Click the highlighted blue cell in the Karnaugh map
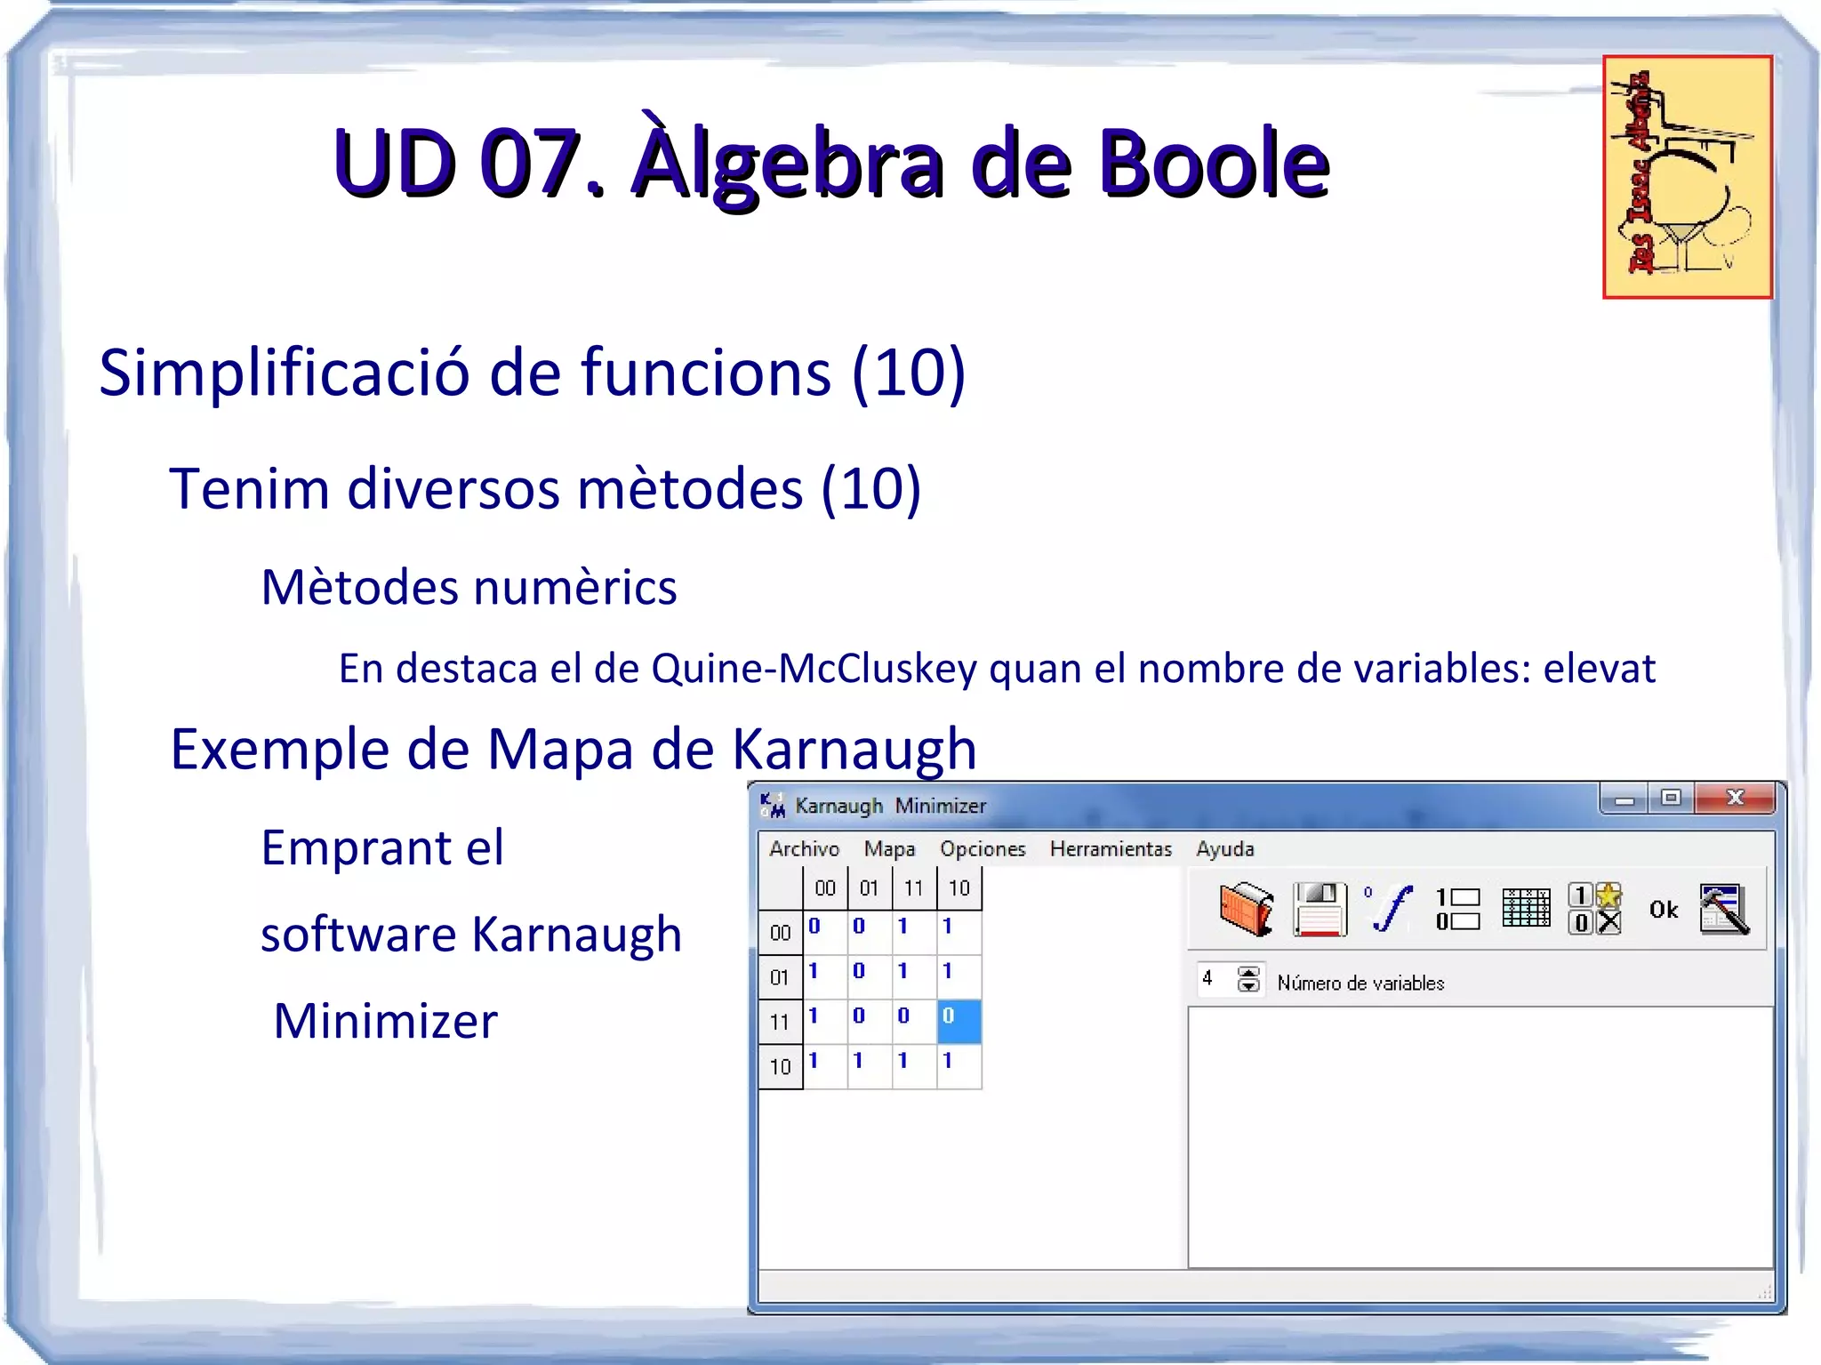tap(959, 1020)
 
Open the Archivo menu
tap(804, 849)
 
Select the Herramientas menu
tap(1111, 849)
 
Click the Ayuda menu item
tap(1224, 849)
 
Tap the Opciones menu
tap(983, 849)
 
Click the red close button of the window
tap(1735, 798)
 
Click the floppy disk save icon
tap(1320, 909)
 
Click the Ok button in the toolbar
tap(1663, 910)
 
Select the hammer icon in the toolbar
tap(1724, 909)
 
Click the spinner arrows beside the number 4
tap(1248, 979)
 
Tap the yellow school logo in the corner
tap(1687, 177)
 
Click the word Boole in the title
tap(1214, 164)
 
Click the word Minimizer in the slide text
tap(386, 1021)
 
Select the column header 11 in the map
tap(913, 888)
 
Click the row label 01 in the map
tap(780, 977)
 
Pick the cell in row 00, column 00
tap(825, 931)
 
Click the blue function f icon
tap(1390, 909)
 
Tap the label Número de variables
tap(1360, 984)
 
